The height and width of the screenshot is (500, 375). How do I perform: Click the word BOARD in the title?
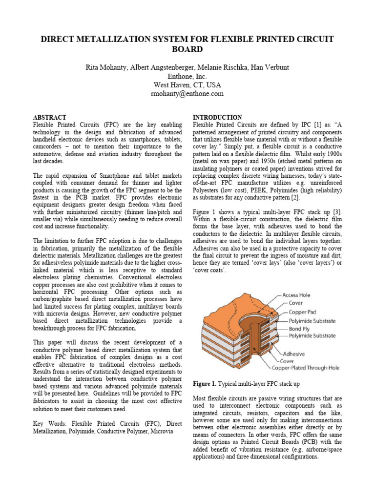[187, 49]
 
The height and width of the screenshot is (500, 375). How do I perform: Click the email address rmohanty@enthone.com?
[187, 93]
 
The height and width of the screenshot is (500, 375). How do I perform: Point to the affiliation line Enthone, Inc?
[187, 76]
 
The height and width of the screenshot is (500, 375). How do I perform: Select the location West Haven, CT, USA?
[187, 84]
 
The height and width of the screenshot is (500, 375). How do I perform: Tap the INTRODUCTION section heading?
[217, 118]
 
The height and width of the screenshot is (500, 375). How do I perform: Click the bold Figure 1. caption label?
[208, 383]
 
